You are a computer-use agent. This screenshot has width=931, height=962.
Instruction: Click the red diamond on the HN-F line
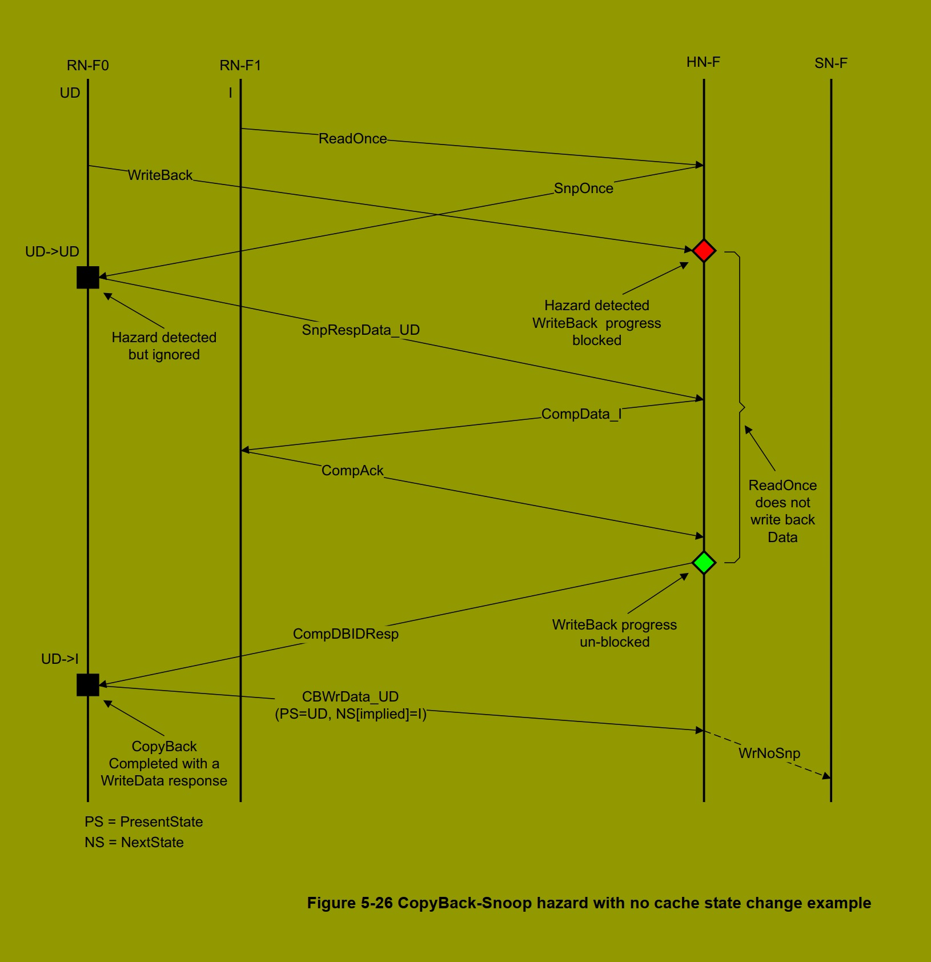704,251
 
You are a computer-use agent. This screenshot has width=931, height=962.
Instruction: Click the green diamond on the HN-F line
704,563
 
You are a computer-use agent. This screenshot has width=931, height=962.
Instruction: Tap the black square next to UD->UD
88,278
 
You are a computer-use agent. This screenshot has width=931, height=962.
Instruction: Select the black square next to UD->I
88,684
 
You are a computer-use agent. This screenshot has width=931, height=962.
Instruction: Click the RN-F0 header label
87,66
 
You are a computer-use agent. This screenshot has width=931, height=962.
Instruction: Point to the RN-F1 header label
240,66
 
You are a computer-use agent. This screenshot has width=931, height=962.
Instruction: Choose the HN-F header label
703,62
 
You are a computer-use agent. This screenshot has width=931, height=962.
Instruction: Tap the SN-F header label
830,63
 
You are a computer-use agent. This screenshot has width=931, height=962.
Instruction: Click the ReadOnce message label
352,139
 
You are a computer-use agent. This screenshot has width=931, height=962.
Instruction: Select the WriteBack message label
160,175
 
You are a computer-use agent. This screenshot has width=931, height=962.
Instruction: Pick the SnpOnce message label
583,189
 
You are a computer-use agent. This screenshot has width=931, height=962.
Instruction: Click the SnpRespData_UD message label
360,330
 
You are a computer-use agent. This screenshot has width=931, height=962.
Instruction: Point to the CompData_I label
581,414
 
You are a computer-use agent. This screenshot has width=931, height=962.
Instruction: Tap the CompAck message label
352,471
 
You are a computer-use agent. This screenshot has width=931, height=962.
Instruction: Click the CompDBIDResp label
346,634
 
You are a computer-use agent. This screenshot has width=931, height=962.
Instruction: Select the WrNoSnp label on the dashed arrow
769,753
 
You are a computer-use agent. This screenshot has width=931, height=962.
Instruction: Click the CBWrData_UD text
350,697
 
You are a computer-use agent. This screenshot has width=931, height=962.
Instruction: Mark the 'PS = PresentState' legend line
144,822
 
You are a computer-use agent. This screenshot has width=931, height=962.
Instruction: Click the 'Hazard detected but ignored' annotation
164,346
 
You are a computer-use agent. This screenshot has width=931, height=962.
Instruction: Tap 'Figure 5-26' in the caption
350,903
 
